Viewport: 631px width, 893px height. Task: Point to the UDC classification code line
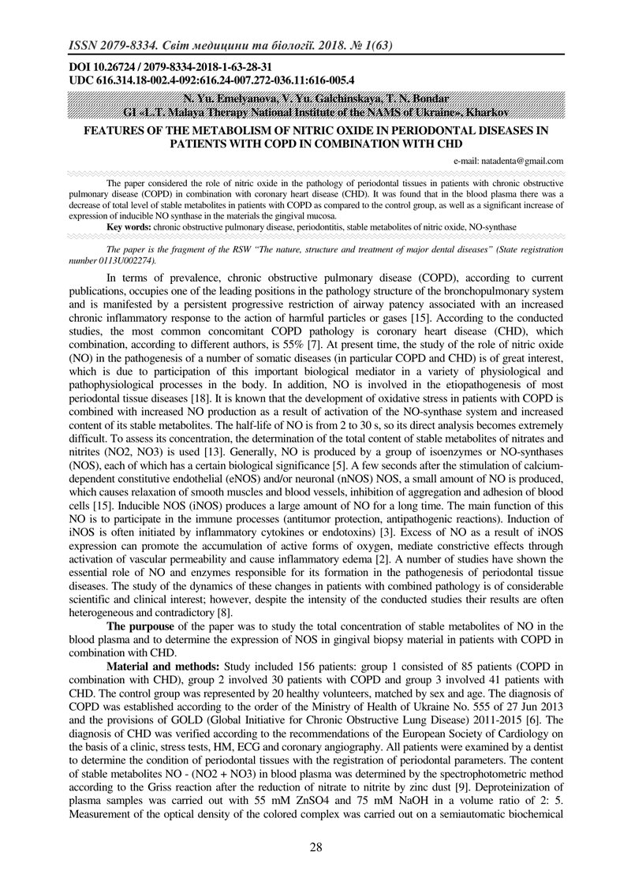pyautogui.click(x=211, y=80)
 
